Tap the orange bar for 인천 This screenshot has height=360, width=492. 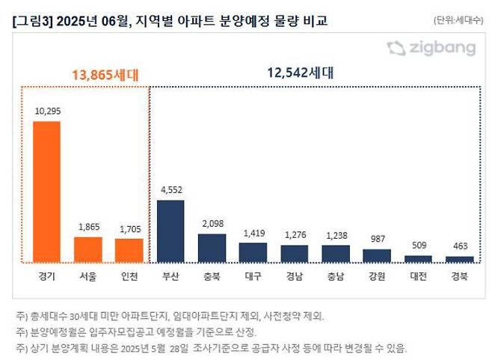pos(129,250)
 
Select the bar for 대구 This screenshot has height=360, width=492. pos(253,251)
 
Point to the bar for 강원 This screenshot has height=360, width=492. pos(377,255)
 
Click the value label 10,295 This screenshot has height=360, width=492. pos(46,111)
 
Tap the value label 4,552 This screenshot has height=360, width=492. pos(170,189)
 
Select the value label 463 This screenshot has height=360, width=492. pos(459,245)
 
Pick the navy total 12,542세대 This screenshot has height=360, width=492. pos(299,73)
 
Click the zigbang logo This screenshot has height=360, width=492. pos(431,49)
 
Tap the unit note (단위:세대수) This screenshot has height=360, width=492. pos(457,20)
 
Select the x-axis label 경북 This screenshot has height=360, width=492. pos(459,276)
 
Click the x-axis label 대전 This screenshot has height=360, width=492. pos(418,276)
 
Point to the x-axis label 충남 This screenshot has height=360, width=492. pos(336,276)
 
